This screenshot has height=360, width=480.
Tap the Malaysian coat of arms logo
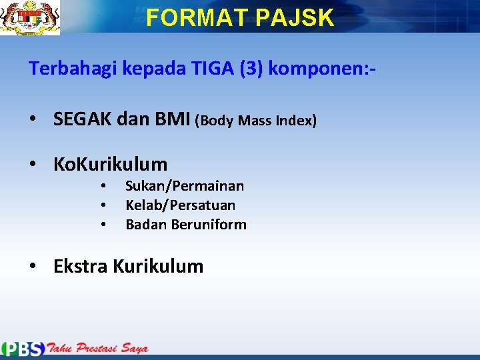click(x=30, y=17)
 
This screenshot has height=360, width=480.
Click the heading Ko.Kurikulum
click(x=110, y=164)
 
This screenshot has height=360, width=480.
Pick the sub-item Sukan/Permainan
click(x=185, y=186)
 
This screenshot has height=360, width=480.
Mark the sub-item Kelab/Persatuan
click(x=180, y=205)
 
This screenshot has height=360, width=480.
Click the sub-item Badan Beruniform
click(x=186, y=225)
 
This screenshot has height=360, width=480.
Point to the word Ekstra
click(x=81, y=267)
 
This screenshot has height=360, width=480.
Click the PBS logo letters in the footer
click(x=23, y=349)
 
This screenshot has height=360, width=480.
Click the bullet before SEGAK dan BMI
click(x=33, y=121)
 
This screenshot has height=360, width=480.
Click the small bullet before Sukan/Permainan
click(x=104, y=187)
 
